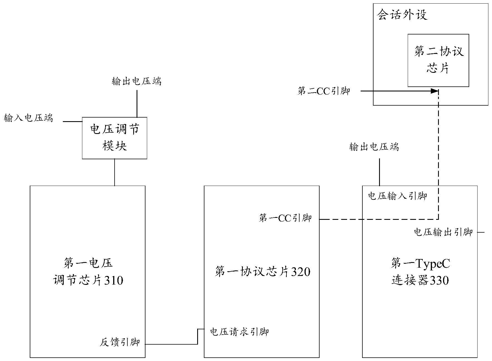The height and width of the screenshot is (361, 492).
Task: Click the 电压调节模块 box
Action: pos(115,138)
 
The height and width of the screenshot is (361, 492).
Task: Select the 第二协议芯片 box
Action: pos(438,60)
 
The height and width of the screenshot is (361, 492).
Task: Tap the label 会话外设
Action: pos(402,15)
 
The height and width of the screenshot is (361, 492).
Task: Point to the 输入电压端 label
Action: pos(28,118)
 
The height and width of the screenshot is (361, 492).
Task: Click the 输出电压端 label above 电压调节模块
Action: pos(137,81)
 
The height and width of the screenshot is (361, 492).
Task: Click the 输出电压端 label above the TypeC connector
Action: pos(374,147)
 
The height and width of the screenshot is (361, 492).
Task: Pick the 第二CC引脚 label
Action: pos(324,91)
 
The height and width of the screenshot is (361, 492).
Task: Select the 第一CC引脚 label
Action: pos(285,218)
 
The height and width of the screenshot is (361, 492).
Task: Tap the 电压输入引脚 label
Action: pos(397,196)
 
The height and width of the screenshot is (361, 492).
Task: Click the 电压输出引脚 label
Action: pos(443,232)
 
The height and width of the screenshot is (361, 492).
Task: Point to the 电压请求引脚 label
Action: pos(239,332)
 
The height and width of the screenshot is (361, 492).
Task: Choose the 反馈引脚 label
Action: pos(120,342)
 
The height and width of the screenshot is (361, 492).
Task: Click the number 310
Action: pos(114,280)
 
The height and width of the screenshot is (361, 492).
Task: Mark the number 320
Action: pos(301,272)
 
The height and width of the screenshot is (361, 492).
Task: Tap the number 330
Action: pos(439,280)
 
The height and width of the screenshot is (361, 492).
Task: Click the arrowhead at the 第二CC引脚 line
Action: pos(435,91)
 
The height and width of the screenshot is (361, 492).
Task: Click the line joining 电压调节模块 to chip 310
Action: pos(115,172)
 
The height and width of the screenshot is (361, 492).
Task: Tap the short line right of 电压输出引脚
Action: pos(481,232)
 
